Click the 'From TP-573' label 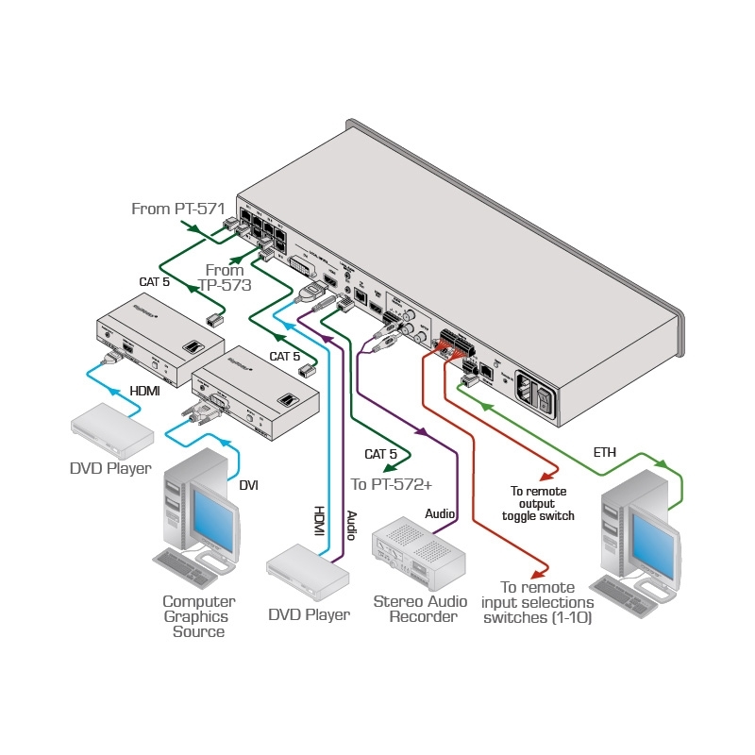click(225, 277)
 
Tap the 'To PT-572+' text click(391, 484)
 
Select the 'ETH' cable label click(604, 453)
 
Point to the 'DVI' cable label click(249, 485)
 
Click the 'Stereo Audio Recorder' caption click(415, 609)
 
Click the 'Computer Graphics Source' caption click(198, 616)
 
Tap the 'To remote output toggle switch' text click(538, 503)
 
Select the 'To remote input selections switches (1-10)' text click(537, 601)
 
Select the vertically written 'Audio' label click(350, 525)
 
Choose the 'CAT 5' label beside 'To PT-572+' click(381, 454)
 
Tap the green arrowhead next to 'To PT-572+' click(387, 465)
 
